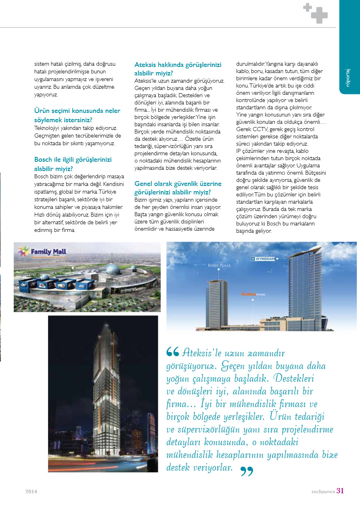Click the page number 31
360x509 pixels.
(340, 491)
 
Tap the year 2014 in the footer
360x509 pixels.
(31, 492)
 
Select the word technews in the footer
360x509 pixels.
(323, 492)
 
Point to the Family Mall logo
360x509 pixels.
(42, 253)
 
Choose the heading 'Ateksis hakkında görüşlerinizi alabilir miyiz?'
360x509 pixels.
(178, 69)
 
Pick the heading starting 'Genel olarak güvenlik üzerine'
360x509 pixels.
(178, 188)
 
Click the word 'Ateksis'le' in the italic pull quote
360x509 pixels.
(198, 353)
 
